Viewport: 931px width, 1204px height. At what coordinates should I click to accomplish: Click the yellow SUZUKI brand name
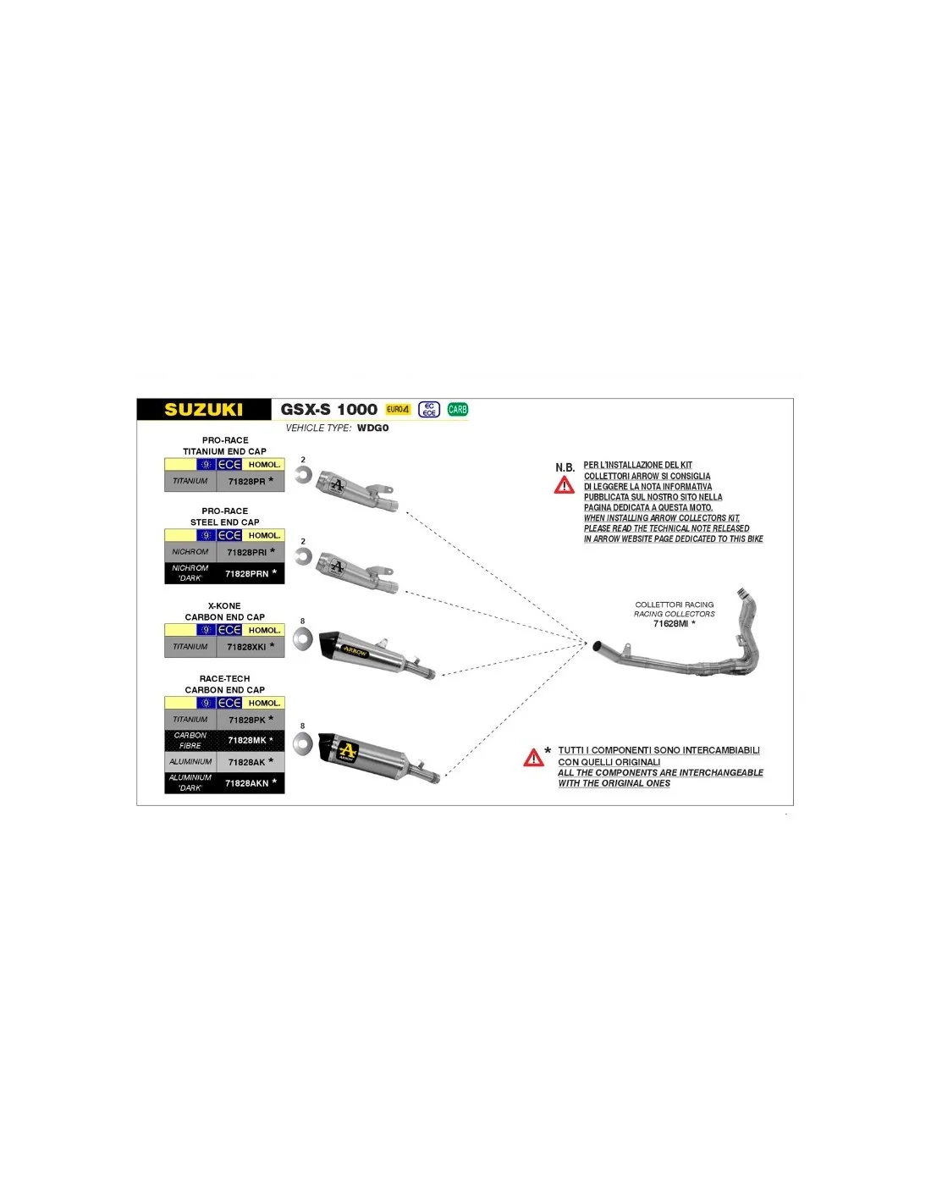[203, 410]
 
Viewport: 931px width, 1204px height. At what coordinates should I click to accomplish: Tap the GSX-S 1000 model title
[328, 410]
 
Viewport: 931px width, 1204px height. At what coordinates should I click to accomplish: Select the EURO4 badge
[398, 410]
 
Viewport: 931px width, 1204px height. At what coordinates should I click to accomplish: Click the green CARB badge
[458, 410]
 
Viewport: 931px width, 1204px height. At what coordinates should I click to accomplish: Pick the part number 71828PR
[246, 482]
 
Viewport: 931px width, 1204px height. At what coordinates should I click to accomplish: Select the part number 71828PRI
[246, 553]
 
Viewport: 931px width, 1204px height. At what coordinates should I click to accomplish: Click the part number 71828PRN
[246, 574]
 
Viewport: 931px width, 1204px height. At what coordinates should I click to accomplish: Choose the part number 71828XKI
[246, 647]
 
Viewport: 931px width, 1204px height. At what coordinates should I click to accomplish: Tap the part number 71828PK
[246, 720]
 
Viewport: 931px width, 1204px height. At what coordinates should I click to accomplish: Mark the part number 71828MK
[246, 741]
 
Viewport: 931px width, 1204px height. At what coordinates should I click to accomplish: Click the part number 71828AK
[246, 762]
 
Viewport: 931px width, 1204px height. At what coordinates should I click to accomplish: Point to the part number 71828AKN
[246, 784]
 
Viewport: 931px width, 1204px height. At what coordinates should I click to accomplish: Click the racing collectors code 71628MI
[670, 624]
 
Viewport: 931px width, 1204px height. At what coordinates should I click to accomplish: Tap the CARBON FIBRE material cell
[190, 741]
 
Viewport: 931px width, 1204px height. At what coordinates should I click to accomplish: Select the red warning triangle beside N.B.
[565, 485]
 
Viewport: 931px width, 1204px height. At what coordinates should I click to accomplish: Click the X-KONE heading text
[224, 606]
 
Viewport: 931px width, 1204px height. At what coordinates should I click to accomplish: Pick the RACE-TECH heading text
[224, 679]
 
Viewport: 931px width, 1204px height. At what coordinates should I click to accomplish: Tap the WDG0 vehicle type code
[372, 428]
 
